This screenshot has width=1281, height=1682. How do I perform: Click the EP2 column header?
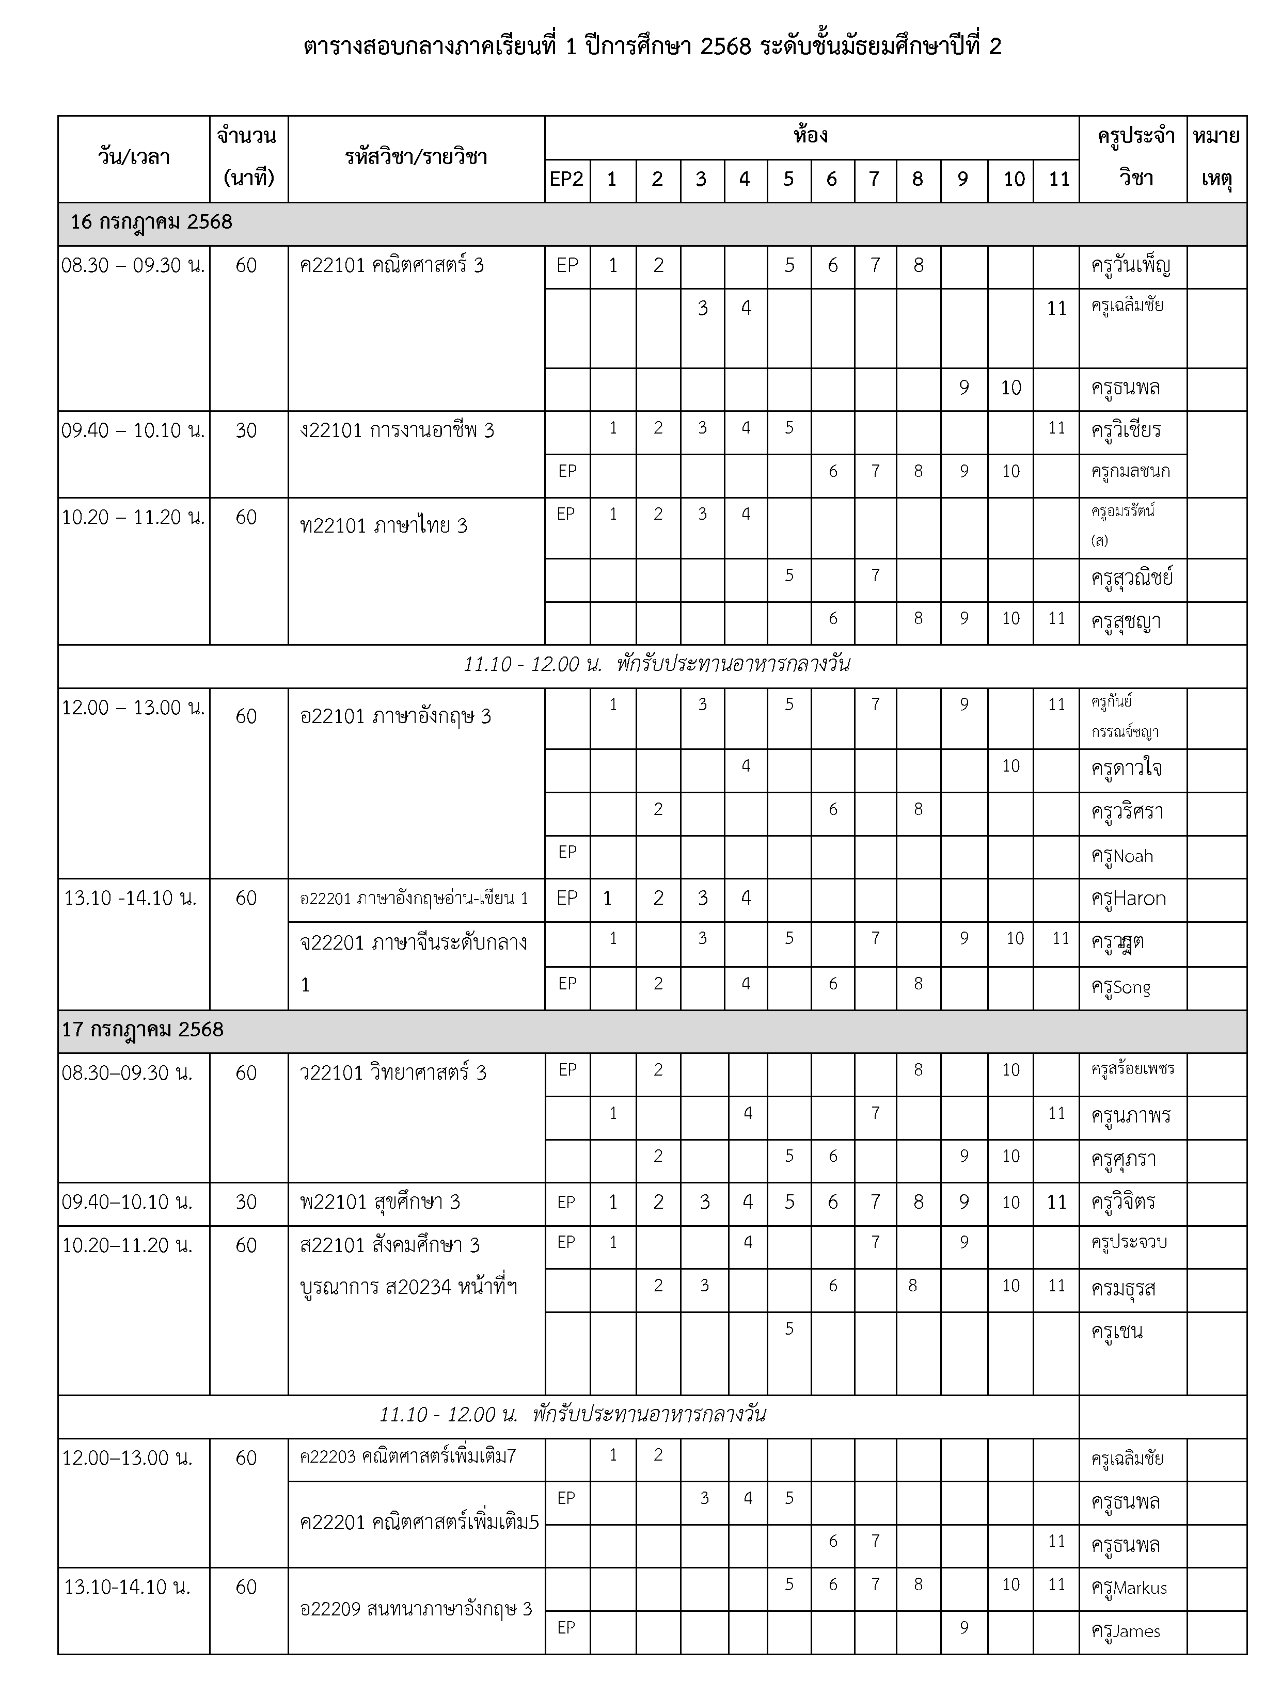click(566, 180)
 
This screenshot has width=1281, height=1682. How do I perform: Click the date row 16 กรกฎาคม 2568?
click(151, 222)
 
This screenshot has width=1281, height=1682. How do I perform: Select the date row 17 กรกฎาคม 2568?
click(143, 1030)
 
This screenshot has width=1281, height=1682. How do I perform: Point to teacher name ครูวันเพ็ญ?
click(1130, 266)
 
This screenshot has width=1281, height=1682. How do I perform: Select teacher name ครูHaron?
click(1129, 899)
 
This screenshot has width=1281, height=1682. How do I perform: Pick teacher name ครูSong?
click(1121, 988)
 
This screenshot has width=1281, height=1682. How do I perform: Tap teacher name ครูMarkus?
click(1129, 1588)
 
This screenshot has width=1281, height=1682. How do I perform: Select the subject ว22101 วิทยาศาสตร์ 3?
click(393, 1073)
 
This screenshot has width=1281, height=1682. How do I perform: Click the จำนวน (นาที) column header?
click(248, 158)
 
